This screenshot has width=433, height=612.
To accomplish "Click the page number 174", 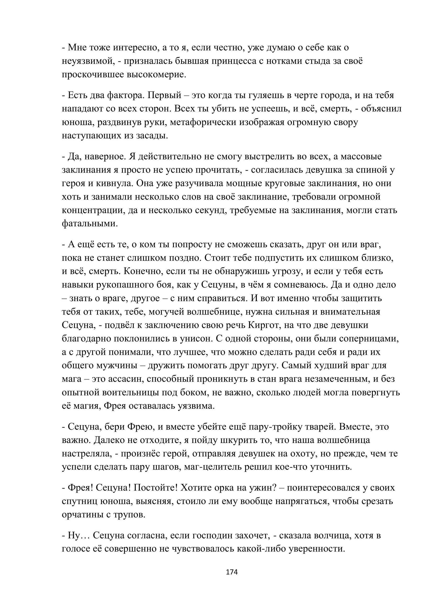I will tap(232, 572).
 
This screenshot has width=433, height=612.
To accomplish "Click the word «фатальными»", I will tap(90, 224).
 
